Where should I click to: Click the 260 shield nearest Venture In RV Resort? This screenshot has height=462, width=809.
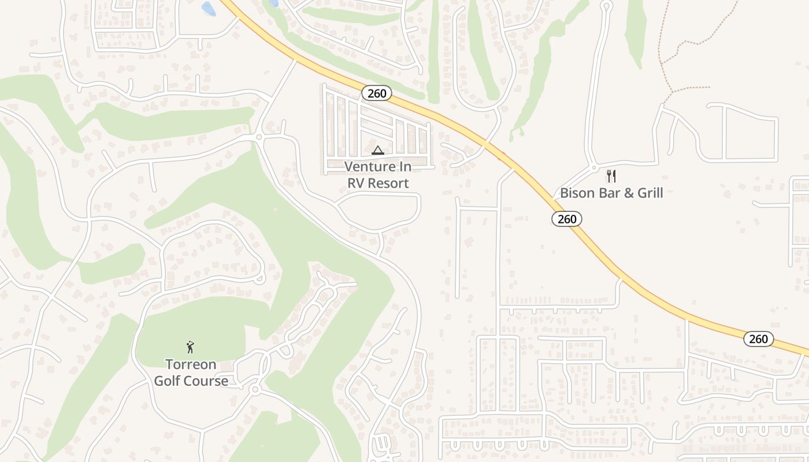tap(377, 93)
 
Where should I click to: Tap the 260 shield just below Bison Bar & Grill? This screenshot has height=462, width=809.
tap(567, 219)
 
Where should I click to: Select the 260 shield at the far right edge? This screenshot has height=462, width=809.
tap(758, 339)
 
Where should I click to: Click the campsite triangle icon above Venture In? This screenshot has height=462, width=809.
tap(378, 151)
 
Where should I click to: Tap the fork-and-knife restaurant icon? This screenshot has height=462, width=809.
tap(611, 176)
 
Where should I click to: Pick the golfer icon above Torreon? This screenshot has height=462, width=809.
tap(190, 347)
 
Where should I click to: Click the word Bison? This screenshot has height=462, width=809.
tap(577, 193)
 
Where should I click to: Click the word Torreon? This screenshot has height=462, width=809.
tap(191, 364)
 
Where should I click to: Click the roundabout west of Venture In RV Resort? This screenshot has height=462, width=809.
tap(259, 137)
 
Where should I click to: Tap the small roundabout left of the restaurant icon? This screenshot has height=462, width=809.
tap(594, 168)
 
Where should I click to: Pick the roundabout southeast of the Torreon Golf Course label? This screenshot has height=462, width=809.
tap(255, 390)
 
